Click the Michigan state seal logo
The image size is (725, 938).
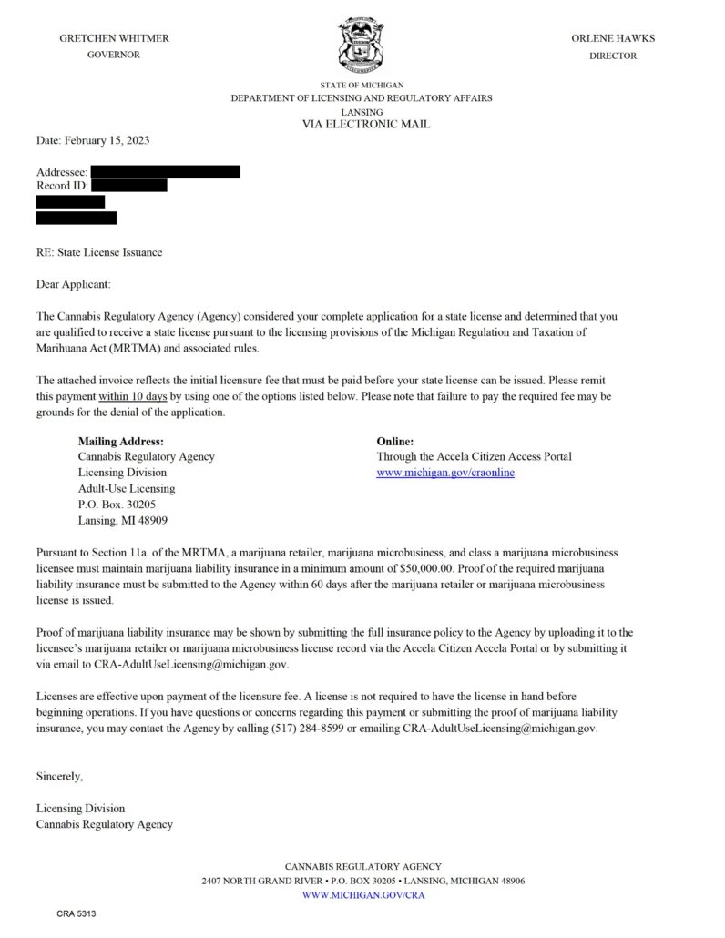362,46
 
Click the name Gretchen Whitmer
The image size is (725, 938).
114,38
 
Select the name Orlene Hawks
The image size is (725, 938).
613,38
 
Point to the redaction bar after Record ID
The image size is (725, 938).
129,186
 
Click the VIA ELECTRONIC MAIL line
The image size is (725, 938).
366,124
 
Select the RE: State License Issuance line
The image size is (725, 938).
99,252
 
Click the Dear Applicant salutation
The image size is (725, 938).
73,284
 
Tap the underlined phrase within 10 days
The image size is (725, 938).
132,397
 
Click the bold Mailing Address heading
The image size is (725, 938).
121,441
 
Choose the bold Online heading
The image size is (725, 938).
395,441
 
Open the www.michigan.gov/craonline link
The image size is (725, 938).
445,473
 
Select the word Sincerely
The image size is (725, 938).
60,776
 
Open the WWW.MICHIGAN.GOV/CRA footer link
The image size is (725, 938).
362,895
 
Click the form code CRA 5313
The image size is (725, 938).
76,913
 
